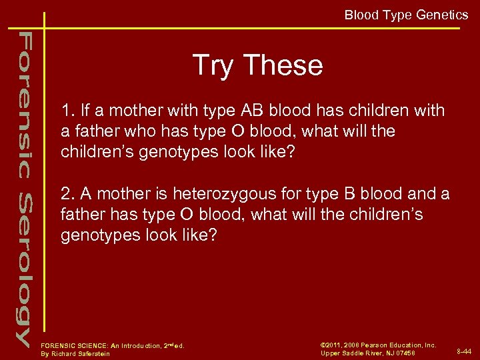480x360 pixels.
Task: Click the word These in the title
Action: pyautogui.click(x=283, y=65)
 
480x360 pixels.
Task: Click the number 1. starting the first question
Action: pyautogui.click(x=67, y=111)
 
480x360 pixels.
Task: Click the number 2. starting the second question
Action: pyautogui.click(x=67, y=194)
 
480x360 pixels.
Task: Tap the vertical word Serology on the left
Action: pyautogui.click(x=24, y=267)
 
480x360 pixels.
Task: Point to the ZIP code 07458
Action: pyautogui.click(x=404, y=353)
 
